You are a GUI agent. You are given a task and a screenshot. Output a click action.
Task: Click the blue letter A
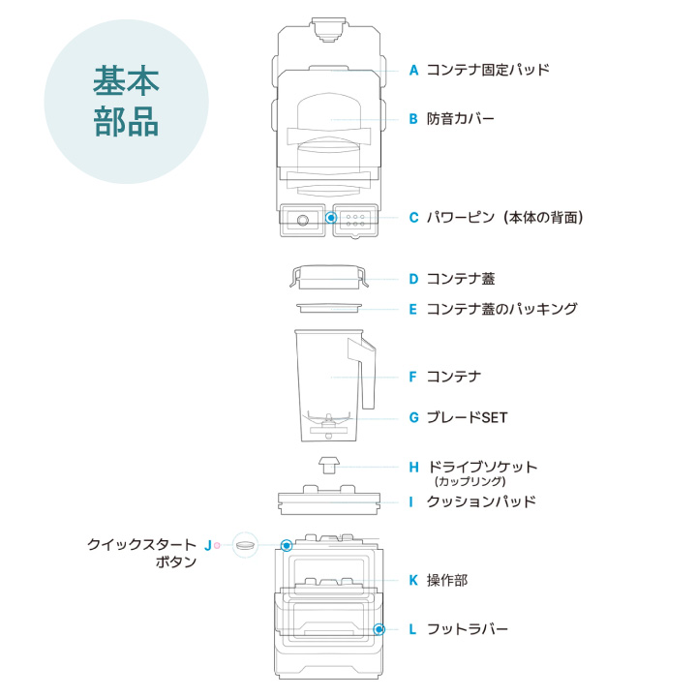click(413, 71)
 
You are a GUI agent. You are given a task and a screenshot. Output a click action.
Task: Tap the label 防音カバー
click(460, 119)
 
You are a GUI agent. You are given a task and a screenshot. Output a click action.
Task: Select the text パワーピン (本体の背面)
click(504, 218)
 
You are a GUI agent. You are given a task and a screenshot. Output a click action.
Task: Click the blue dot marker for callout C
click(331, 218)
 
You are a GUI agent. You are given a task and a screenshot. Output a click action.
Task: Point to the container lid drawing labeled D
click(329, 278)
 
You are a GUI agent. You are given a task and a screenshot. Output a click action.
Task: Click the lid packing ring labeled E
click(329, 308)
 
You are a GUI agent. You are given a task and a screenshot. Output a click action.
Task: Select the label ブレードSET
click(467, 417)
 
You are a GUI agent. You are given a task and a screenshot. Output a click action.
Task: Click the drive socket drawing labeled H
click(329, 465)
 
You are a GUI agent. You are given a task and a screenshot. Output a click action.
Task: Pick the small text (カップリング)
click(470, 481)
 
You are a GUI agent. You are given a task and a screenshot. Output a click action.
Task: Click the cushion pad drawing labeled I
click(329, 500)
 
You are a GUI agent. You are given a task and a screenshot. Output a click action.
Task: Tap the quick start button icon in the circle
click(245, 545)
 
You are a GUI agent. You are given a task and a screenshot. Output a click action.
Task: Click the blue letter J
click(207, 545)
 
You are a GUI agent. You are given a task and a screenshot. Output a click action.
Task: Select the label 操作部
click(447, 580)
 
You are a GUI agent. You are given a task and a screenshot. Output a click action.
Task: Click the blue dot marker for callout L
click(379, 629)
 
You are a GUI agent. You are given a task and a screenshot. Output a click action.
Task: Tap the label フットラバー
click(467, 629)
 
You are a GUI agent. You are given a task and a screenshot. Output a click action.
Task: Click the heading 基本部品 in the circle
click(126, 102)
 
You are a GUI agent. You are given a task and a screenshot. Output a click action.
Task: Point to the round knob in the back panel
click(303, 220)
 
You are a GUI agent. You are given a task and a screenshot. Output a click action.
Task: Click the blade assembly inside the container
click(328, 423)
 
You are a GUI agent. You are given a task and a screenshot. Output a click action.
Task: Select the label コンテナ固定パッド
click(488, 70)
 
